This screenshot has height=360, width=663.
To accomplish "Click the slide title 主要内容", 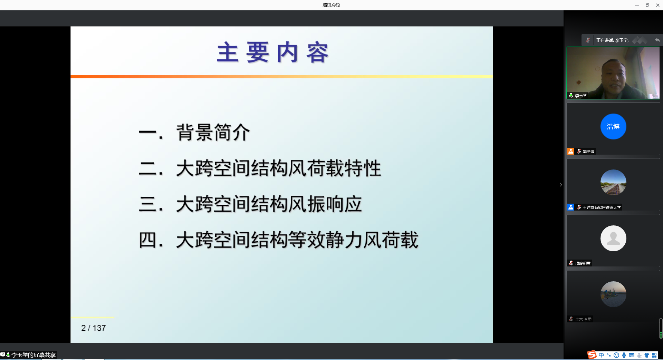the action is coord(273,52).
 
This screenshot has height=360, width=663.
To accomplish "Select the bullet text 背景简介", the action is coord(213,132).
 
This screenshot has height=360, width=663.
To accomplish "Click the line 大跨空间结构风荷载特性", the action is coord(279,168).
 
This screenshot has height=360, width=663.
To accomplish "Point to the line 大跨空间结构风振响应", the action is coord(269,204).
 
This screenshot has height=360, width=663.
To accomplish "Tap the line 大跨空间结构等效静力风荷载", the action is coord(297,240).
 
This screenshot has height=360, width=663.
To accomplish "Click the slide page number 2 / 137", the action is coord(93,328).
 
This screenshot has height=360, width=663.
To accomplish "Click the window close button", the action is coord(658,5).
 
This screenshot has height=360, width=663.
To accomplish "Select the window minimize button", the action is coord(637,5).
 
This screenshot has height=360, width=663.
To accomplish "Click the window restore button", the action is coord(647,5).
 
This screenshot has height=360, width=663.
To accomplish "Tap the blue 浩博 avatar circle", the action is coord(613,126).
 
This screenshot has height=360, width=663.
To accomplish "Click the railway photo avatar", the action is coord(613,182).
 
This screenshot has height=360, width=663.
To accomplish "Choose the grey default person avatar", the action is coord(613,238).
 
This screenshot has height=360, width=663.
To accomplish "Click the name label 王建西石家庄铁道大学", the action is coord(602,207).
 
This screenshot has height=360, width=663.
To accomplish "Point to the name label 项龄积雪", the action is coord(583,263).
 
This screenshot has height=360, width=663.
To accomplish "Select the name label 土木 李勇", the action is coord(583,319).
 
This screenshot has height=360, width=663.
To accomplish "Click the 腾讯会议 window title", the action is coord(331,5).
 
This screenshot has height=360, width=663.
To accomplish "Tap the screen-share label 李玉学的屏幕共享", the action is coord(33,355).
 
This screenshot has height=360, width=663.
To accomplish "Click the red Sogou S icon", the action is coord(592,355).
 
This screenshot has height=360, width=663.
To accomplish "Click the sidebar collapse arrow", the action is coord(561,185).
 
